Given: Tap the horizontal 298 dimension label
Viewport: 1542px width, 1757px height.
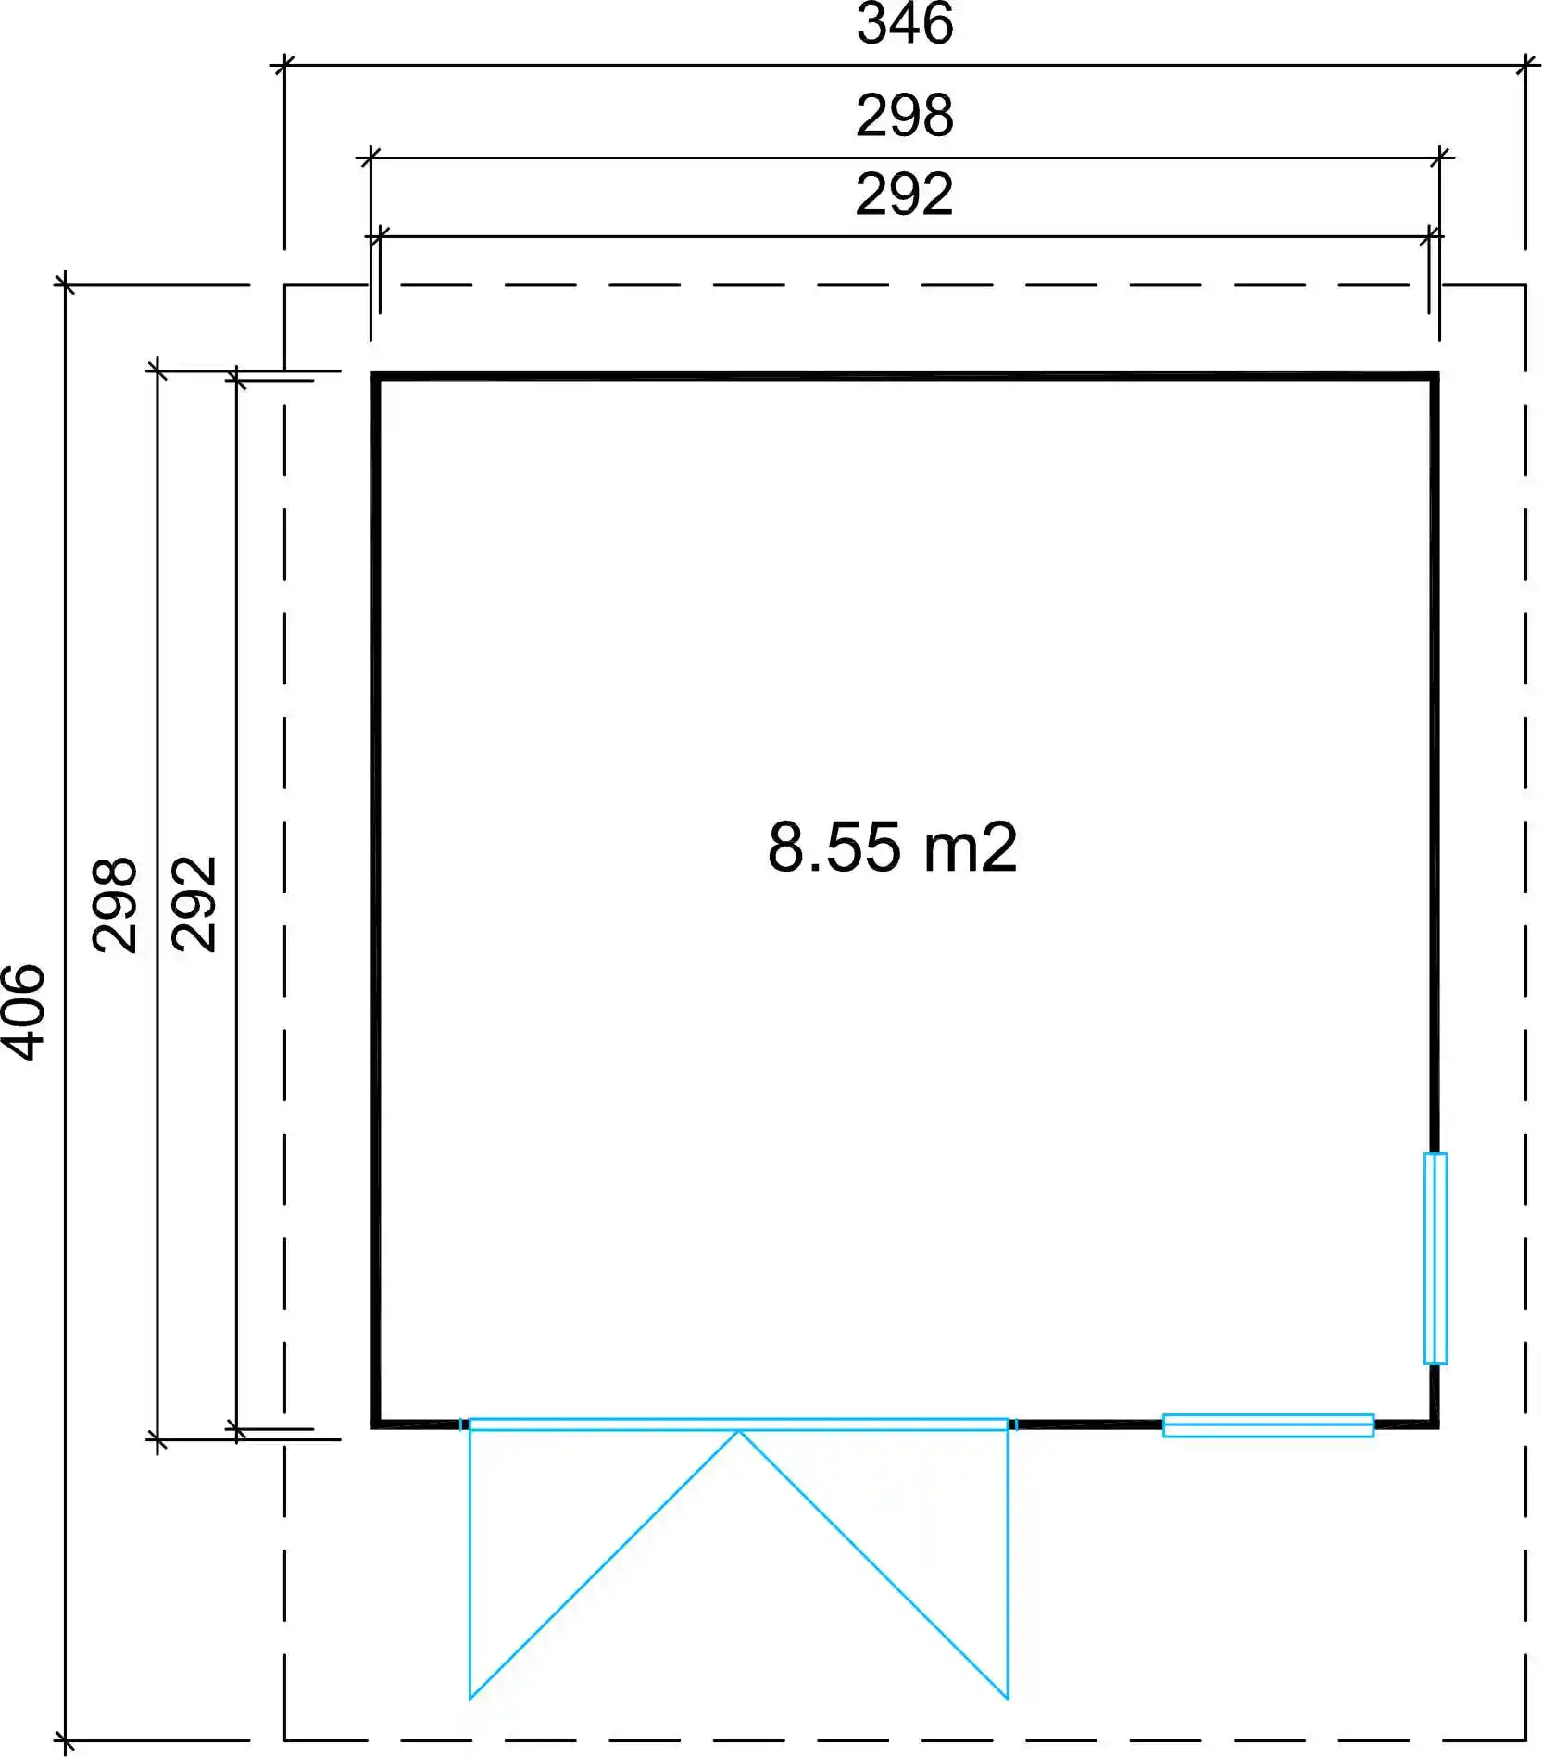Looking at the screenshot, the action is pos(905,116).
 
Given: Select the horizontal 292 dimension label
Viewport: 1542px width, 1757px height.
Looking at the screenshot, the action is pos(905,195).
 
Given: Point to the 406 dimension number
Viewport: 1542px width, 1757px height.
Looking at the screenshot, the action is pos(23,1012).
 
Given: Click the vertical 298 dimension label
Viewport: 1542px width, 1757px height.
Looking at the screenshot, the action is pos(115,905).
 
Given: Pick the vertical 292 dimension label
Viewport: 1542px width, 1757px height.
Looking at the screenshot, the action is pos(194,905).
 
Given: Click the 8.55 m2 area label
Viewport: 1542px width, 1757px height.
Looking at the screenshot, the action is pos(893,847).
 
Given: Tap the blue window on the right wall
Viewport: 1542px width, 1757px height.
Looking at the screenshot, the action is pos(1435,1258).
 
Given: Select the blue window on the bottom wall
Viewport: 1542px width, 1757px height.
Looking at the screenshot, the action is pos(1268,1425).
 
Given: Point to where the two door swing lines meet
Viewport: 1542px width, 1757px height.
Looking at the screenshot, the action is pos(739,1431).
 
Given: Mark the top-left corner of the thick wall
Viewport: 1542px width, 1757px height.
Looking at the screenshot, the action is pos(375,376).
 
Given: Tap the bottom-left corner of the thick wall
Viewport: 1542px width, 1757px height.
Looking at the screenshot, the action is pos(375,1424).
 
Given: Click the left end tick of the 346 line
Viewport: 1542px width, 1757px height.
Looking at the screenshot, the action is pos(284,65).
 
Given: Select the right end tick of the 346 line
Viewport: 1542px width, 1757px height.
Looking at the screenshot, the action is pos(1525,65).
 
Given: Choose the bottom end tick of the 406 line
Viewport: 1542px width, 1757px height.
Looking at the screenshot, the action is pos(65,1740).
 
